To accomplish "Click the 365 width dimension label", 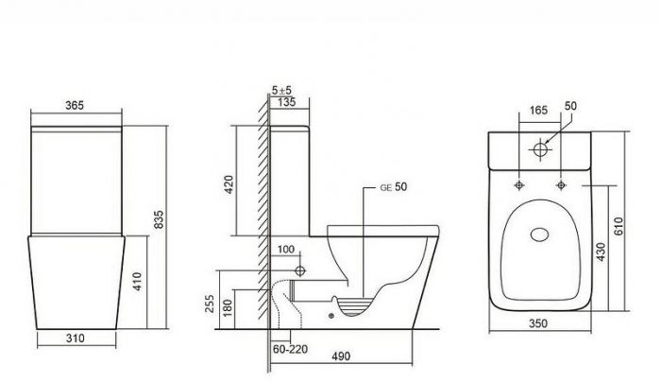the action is pyautogui.click(x=75, y=105).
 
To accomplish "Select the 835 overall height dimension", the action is pyautogui.click(x=159, y=219).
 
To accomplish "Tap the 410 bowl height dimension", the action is pyautogui.click(x=138, y=282).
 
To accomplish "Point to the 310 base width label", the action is pyautogui.click(x=76, y=339).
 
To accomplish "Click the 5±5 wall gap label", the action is pyautogui.click(x=281, y=91).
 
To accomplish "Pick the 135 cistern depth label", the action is pyautogui.click(x=287, y=102).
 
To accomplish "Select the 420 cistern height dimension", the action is pyautogui.click(x=229, y=184).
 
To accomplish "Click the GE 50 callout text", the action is pyautogui.click(x=394, y=187).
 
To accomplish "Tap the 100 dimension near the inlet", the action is pyautogui.click(x=286, y=250).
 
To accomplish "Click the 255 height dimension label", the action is pyautogui.click(x=210, y=304).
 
